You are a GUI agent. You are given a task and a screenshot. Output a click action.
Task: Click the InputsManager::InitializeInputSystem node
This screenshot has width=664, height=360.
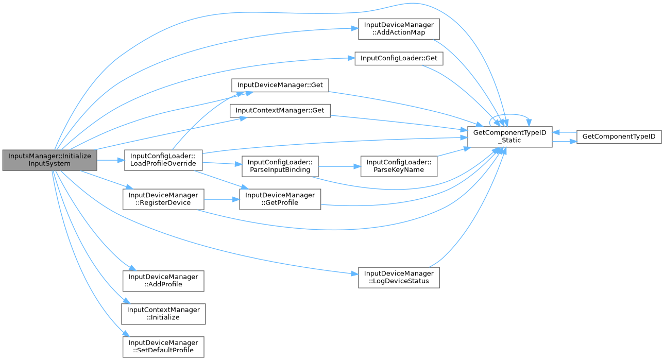[x=49, y=160]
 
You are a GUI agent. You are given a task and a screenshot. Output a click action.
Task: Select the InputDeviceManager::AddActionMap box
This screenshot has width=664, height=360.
[x=399, y=29]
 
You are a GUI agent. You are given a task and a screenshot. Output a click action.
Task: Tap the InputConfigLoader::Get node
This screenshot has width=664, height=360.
[x=399, y=58]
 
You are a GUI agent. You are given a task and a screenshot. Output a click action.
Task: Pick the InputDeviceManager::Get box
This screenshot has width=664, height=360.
[x=280, y=85]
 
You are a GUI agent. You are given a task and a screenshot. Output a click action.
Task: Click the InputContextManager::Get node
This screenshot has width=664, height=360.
[x=280, y=110]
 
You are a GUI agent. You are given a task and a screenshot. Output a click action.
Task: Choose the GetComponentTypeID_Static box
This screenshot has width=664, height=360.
[x=509, y=136]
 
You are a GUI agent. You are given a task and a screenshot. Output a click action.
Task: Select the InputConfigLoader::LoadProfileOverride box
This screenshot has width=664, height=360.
[x=163, y=160]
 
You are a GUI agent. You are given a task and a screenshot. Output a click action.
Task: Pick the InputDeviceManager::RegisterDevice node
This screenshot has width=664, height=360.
[x=163, y=199]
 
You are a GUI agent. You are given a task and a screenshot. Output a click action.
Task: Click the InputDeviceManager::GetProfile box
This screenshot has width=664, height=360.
[x=280, y=199]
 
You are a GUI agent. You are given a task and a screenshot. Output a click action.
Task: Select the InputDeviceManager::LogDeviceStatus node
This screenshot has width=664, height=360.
[x=399, y=277]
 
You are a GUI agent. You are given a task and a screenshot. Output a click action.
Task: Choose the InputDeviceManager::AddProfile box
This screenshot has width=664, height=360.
[x=163, y=281]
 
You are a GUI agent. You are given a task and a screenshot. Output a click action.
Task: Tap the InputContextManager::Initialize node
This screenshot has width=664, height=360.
[x=163, y=314]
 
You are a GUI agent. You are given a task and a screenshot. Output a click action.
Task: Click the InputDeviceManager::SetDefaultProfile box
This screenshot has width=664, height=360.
[x=163, y=347]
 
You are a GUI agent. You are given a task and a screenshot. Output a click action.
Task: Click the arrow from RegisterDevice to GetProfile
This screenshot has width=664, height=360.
[x=222, y=199]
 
